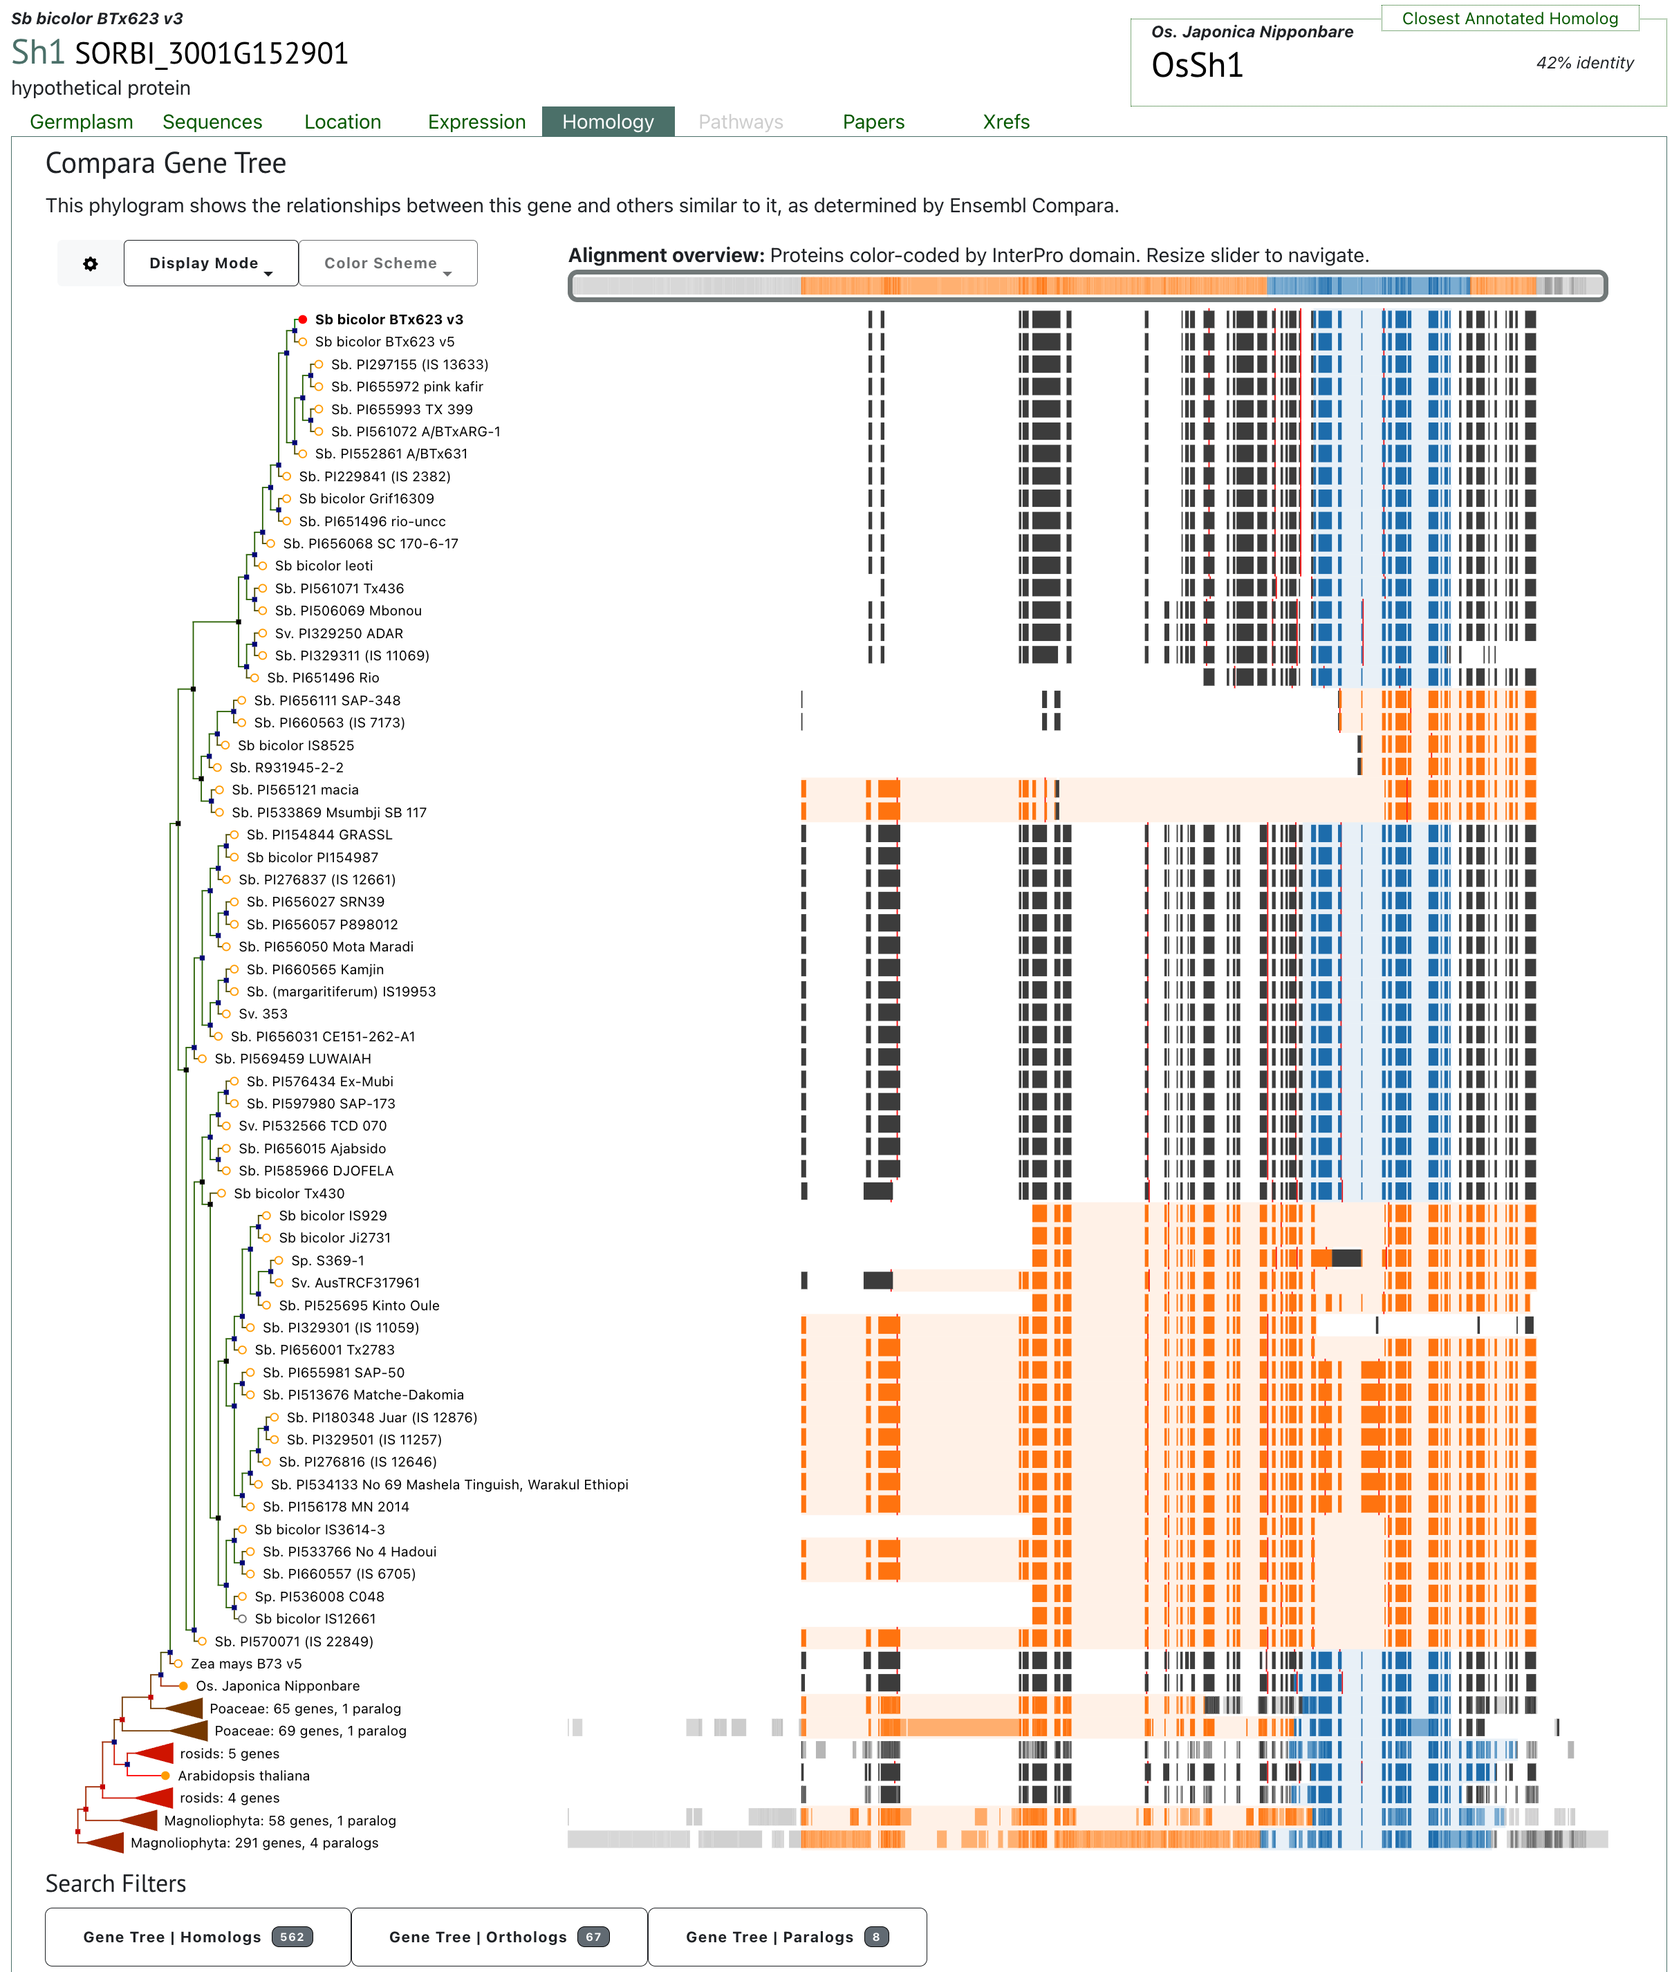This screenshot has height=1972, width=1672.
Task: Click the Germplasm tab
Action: coord(82,122)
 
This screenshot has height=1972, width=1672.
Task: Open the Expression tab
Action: coord(476,122)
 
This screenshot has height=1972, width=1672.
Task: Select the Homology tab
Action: coord(609,122)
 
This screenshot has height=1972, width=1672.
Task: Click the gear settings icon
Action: coord(90,263)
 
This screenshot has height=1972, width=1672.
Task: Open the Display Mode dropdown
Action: coord(210,263)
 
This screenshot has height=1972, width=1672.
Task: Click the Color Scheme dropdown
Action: coord(388,263)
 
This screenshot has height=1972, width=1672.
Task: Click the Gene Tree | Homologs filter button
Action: coord(198,1937)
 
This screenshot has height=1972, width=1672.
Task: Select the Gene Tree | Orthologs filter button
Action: coord(499,1937)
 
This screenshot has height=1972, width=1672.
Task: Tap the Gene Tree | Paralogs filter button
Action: coord(788,1937)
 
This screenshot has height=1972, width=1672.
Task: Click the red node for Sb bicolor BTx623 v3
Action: coord(302,319)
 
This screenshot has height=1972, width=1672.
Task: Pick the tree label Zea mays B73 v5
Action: coord(246,1664)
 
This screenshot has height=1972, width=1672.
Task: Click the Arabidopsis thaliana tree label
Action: coord(243,1776)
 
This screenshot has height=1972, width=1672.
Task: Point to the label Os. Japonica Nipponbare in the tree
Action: coord(278,1686)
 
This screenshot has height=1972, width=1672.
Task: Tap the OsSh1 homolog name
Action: coord(1197,66)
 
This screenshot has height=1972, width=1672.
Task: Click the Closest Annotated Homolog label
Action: coord(1510,19)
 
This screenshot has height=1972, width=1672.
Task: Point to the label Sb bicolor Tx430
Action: coord(289,1194)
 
